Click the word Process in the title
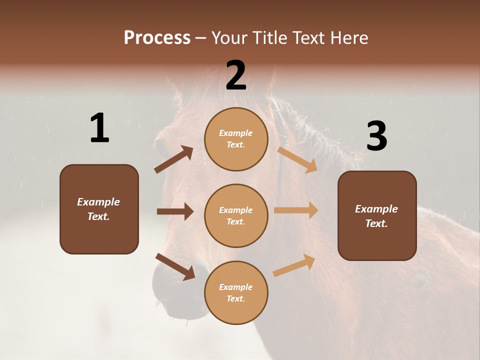coord(157,38)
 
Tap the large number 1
coord(99,128)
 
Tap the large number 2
coord(236,75)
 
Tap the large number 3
coord(376,136)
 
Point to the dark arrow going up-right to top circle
coord(174,159)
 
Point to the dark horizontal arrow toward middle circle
coord(175,211)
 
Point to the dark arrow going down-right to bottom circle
coord(175,266)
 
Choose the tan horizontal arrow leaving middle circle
coord(296,210)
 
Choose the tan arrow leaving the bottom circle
coord(294,265)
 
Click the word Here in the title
coord(348,38)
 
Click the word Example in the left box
coord(98,202)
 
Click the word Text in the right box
coord(376,223)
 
